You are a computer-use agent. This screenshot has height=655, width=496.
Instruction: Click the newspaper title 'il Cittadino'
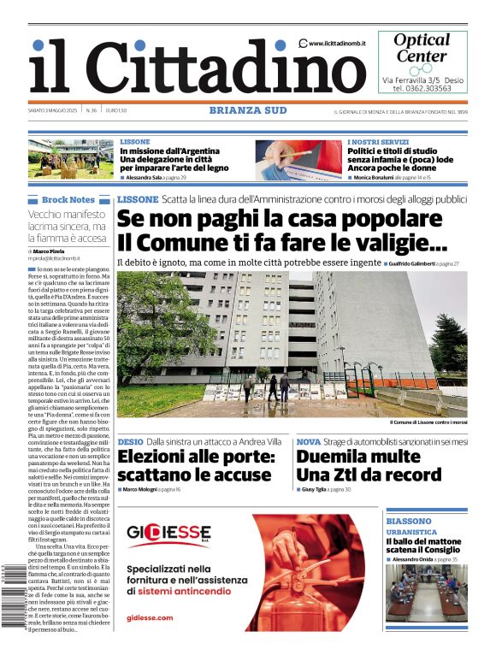pos(185,66)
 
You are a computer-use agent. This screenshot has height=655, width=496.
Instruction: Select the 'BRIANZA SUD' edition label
pos(248,109)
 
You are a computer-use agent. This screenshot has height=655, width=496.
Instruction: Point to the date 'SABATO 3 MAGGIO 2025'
pos(53,110)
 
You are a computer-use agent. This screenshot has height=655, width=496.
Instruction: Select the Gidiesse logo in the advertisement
pos(168,534)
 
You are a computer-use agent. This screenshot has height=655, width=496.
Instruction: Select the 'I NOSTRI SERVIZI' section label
pos(377,141)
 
